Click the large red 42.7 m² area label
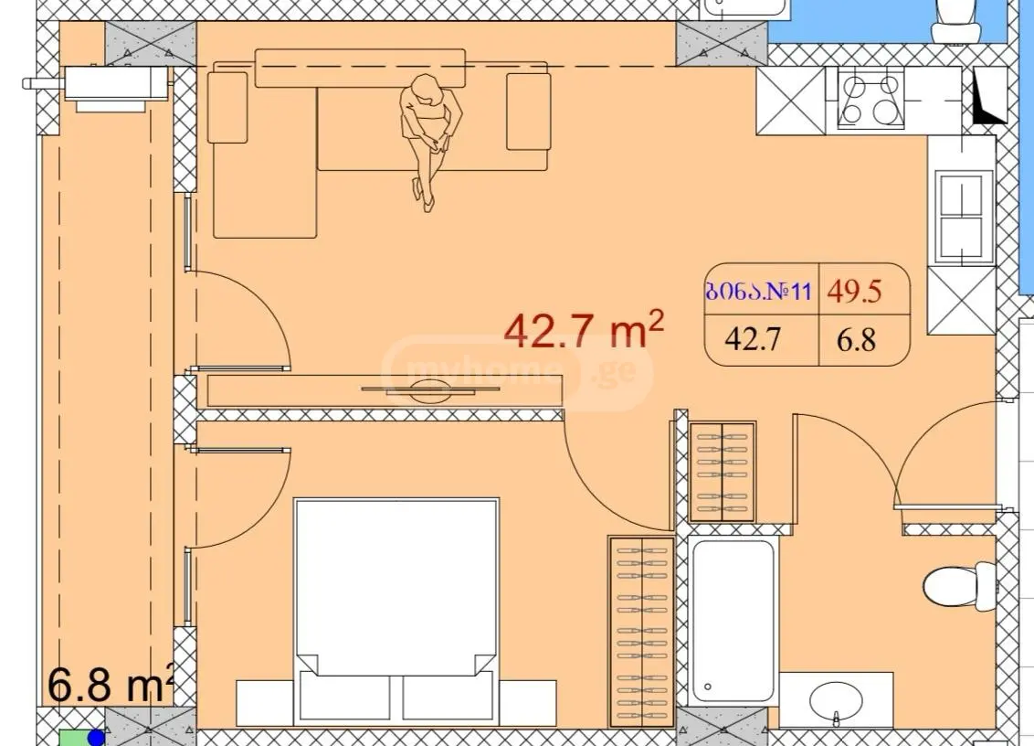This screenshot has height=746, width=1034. pyautogui.click(x=583, y=329)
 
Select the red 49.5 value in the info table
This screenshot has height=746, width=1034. pyautogui.click(x=855, y=291)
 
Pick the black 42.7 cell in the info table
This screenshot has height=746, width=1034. pyautogui.click(x=753, y=339)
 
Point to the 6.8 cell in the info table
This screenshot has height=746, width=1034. pyautogui.click(x=856, y=340)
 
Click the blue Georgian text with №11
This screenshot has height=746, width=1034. pyautogui.click(x=758, y=291)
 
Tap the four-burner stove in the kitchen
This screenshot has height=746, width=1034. pyautogui.click(x=871, y=100)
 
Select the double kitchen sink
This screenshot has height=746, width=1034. pyautogui.click(x=961, y=215)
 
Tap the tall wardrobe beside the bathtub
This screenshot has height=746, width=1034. pyautogui.click(x=641, y=632)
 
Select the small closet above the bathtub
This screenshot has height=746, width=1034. pyautogui.click(x=722, y=473)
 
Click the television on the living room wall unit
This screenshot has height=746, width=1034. pyautogui.click(x=429, y=390)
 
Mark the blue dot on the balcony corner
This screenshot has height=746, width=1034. pyautogui.click(x=96, y=738)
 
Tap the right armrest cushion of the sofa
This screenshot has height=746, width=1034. pyautogui.click(x=528, y=112)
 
